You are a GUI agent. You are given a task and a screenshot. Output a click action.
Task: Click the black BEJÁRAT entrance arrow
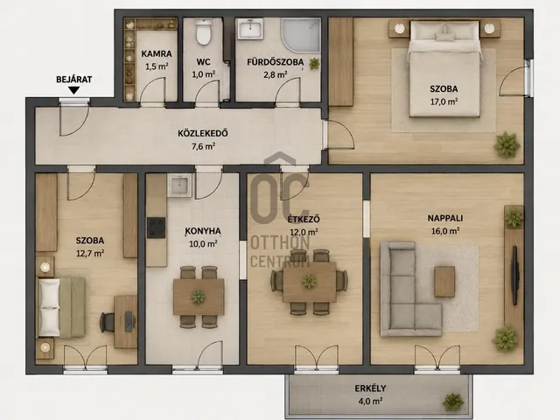pos(73,91)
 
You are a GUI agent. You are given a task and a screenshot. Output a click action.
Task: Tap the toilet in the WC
pos(204,32)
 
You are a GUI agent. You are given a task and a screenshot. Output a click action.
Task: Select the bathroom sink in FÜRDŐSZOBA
pos(251,28)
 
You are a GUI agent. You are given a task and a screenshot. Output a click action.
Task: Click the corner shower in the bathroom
pos(301,35)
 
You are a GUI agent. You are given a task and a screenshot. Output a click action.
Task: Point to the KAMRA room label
pos(157,54)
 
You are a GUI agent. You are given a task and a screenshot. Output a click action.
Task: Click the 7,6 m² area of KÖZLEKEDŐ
pos(203,146)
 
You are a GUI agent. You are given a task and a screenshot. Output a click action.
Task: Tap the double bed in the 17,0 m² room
pos(444,68)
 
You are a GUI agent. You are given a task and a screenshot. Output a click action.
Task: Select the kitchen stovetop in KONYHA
pos(156,227)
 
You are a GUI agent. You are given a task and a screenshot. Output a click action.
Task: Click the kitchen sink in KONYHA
pos(179,185)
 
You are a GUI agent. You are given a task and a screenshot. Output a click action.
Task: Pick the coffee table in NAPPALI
pos(444,282)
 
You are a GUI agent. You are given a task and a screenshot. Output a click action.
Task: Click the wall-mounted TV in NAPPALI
pos(514,275)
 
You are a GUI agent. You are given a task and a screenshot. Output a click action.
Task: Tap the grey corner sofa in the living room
pos(406,290)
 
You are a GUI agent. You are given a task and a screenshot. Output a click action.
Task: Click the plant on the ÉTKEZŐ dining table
pos(309,282)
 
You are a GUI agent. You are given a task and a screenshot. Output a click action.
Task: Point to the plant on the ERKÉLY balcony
pos(453,402)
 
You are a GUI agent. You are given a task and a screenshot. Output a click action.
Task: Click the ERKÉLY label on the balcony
pos(370,388)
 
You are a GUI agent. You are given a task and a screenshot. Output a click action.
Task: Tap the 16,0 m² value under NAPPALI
pos(445,231)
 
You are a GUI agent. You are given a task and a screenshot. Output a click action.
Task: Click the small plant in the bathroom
pos(314,64)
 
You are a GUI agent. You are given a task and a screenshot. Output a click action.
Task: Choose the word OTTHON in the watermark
pos(280,243)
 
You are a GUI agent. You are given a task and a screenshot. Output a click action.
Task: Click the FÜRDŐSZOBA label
pos(276,62)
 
